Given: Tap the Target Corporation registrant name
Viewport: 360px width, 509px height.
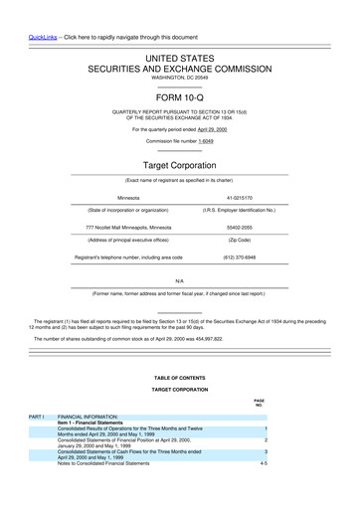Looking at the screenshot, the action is pyautogui.click(x=179, y=162).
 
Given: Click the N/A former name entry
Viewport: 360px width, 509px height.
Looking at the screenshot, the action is pyautogui.click(x=179, y=282).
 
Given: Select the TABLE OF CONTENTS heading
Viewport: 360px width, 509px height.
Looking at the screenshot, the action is pyautogui.click(x=179, y=378).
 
